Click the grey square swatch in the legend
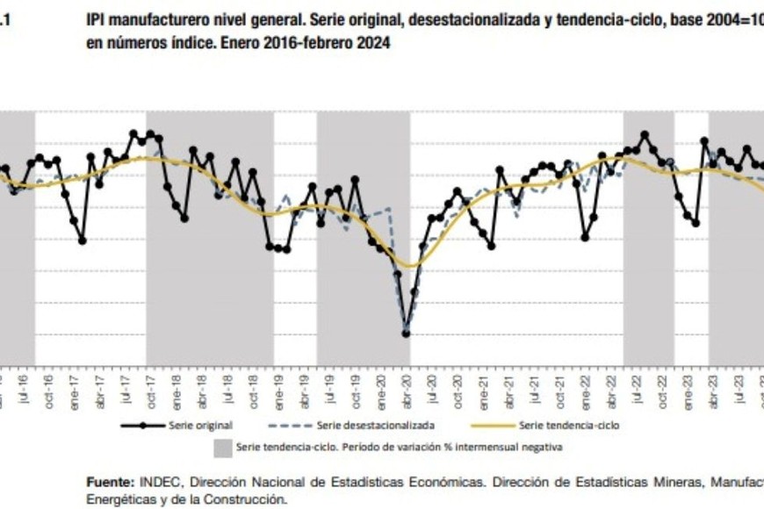(x=222, y=448)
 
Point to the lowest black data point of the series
(x=406, y=333)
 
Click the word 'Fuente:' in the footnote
(x=110, y=483)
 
